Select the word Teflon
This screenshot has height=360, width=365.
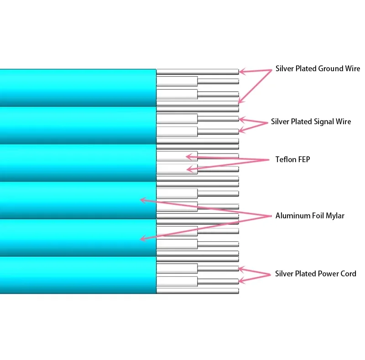[x=287, y=159]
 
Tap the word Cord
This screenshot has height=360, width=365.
[x=347, y=274]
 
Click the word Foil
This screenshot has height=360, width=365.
[x=318, y=216]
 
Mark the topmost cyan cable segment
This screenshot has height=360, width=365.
[x=78, y=87]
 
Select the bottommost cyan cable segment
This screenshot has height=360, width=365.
[x=78, y=275]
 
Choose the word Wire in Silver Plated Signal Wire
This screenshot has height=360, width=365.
[x=344, y=122]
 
